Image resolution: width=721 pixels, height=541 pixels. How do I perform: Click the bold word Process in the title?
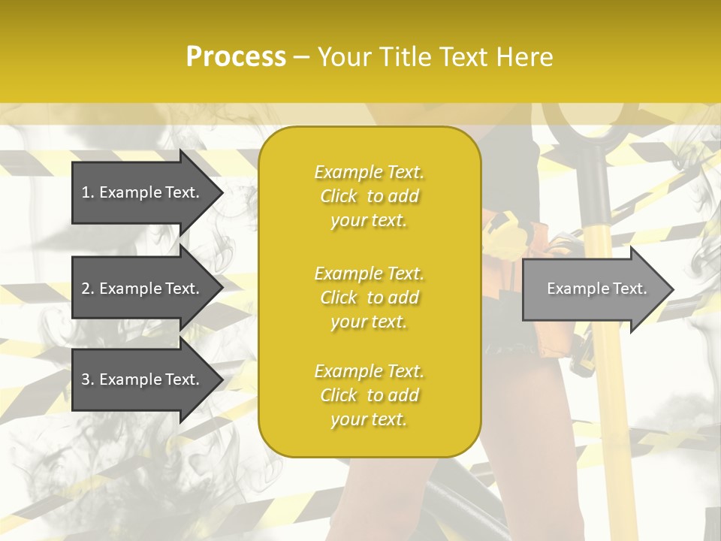coord(236,57)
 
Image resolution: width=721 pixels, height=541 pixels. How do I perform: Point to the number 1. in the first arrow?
coord(88,192)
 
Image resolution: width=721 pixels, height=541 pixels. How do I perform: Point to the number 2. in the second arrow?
coord(88,289)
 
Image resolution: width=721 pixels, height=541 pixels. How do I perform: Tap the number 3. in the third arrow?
coord(88,379)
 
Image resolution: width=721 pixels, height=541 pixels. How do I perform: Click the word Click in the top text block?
coord(339,196)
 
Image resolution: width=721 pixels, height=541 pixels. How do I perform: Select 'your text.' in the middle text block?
coord(369,322)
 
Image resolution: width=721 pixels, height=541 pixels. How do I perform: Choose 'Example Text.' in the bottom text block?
coord(369,371)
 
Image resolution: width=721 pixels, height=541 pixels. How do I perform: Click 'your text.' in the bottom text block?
coord(369,420)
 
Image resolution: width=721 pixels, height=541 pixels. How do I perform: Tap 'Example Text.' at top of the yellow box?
coord(369,172)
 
